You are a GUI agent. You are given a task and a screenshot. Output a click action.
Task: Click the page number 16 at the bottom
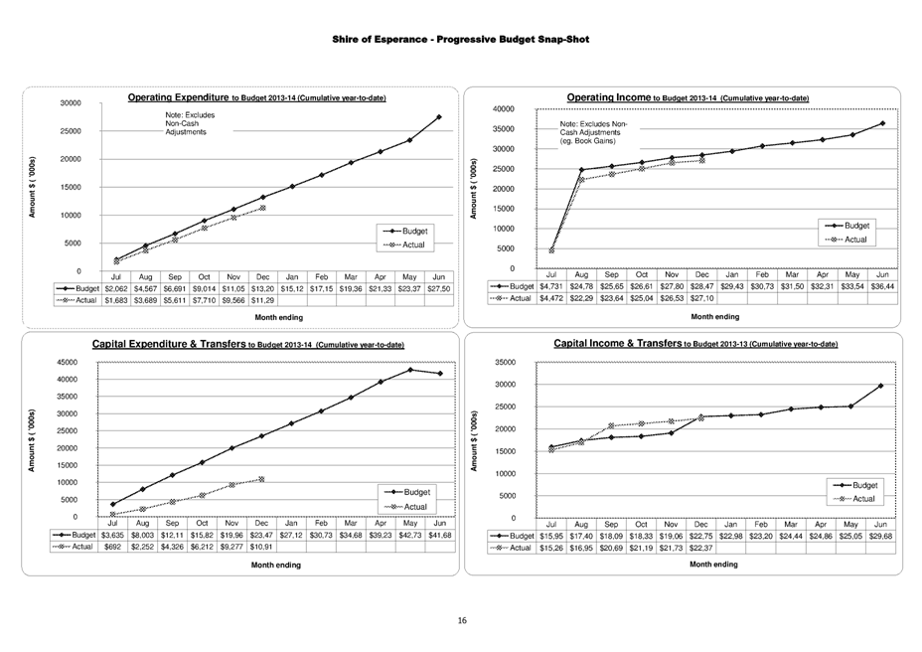click(461, 621)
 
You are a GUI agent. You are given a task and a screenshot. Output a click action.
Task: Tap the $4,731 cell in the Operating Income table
click(551, 285)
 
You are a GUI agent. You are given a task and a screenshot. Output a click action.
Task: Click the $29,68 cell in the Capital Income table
click(880, 536)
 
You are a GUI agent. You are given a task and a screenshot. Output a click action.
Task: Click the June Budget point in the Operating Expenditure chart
click(438, 117)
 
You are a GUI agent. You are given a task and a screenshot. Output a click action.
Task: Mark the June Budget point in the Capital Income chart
click(880, 386)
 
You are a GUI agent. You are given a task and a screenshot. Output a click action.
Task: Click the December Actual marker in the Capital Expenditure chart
click(261, 479)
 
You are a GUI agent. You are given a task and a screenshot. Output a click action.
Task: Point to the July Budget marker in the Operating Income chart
click(551, 249)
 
